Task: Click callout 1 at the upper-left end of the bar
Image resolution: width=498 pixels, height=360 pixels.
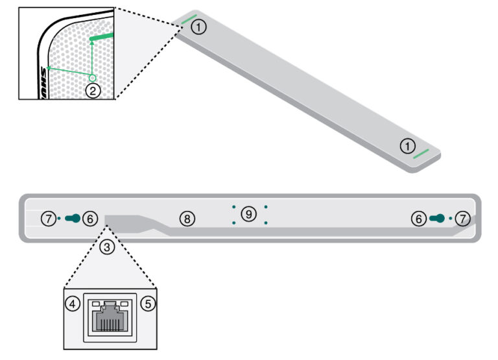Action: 200,27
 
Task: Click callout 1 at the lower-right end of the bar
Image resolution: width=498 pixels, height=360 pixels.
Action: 407,146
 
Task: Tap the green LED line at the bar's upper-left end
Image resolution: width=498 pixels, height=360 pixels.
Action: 190,19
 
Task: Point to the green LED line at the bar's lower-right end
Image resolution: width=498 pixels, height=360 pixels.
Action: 421,154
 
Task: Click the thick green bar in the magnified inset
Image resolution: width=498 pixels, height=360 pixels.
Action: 102,38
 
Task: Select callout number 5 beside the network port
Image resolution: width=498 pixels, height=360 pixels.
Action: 148,303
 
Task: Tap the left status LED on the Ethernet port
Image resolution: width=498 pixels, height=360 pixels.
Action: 95,303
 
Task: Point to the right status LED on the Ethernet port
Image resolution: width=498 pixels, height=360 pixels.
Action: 124,303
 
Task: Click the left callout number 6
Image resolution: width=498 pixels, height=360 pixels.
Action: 91,219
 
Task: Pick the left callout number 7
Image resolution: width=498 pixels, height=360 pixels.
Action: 49,219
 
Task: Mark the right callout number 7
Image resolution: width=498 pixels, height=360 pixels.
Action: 461,219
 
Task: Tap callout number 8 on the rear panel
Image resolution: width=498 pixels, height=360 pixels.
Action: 187,219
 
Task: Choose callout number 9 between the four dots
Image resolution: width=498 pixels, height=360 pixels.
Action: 249,213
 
